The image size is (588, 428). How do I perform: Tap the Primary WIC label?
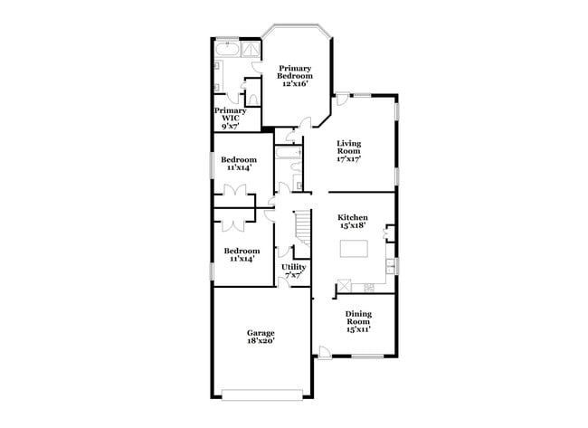click(x=230, y=119)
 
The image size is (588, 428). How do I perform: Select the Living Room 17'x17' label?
click(x=349, y=151)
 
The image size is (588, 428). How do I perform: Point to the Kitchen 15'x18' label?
click(x=353, y=223)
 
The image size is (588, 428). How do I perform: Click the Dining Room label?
click(x=358, y=321)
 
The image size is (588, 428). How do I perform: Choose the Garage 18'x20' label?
click(x=261, y=338)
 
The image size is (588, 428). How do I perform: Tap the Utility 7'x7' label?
click(x=294, y=271)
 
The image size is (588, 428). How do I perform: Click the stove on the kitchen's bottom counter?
click(x=368, y=288)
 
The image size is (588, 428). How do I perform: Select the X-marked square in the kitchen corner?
click(x=344, y=288)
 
